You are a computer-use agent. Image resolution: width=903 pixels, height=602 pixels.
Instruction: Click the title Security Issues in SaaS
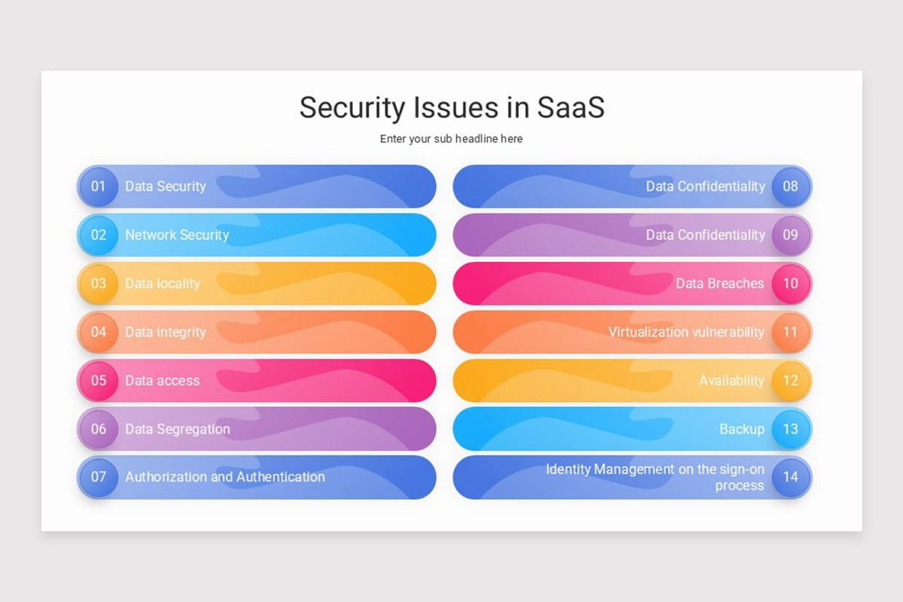coord(451,108)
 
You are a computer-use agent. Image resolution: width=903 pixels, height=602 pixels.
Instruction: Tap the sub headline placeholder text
coord(451,138)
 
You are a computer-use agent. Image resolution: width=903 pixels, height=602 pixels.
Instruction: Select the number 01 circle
coord(99,186)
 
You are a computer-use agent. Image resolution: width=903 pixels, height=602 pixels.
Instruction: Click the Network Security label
coord(177,235)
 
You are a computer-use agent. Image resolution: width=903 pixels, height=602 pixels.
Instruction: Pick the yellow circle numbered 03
coord(99,284)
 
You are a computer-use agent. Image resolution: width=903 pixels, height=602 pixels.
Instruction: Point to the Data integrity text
coord(165,332)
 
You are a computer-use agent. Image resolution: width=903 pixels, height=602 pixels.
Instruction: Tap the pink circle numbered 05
coord(99,380)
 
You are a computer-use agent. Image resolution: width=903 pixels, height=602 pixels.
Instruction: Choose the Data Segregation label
coord(178,429)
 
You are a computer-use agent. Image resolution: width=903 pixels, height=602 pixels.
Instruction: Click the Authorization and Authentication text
coord(225,477)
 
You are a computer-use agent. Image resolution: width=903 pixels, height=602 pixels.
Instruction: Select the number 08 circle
coord(790,186)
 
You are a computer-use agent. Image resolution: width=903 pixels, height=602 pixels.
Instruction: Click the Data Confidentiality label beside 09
coord(705,235)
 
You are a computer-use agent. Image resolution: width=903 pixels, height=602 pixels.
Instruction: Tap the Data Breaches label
coord(719,284)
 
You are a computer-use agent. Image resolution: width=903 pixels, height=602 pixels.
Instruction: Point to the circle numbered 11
coord(790,332)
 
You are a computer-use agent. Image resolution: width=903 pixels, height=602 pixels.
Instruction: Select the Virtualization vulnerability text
coord(686,332)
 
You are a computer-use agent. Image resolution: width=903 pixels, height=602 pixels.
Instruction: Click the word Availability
coord(731,381)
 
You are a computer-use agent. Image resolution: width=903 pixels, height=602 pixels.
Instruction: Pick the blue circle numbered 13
coord(790,429)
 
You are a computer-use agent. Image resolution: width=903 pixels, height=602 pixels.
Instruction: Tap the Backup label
coord(741,429)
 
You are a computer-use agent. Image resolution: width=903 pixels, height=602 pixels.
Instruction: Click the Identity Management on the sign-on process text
coord(655,477)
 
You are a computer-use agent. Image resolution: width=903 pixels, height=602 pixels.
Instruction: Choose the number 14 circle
coord(790,477)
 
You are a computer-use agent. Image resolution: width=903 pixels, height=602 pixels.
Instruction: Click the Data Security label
coord(165,186)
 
